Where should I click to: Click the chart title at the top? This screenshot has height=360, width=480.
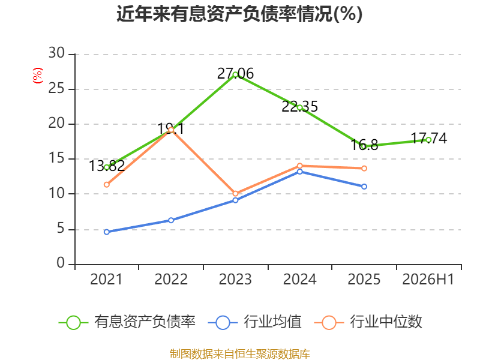click(239, 14)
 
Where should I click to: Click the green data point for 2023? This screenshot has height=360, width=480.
click(235, 74)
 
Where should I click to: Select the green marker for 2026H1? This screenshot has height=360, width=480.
click(428, 140)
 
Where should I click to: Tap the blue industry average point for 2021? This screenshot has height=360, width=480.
click(107, 232)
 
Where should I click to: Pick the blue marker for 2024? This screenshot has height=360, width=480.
click(299, 172)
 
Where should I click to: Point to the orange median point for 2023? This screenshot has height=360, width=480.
click(235, 194)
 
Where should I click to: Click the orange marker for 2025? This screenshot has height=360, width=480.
click(364, 169)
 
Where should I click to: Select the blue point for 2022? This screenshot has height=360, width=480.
click(171, 220)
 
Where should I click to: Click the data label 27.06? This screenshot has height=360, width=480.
click(235, 74)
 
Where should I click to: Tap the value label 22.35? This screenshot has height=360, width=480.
click(299, 107)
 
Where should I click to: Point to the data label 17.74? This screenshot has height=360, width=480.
click(428, 139)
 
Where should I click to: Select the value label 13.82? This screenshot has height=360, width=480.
click(107, 166)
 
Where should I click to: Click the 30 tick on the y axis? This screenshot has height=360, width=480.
click(56, 53)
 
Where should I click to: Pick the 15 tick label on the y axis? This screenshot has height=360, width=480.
click(56, 158)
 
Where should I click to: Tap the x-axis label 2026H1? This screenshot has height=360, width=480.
click(428, 279)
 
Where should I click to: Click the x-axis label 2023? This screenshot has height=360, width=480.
click(235, 279)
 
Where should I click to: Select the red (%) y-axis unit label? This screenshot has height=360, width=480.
click(38, 76)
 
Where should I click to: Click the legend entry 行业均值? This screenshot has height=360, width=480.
click(254, 322)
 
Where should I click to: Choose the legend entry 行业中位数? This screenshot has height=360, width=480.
click(368, 322)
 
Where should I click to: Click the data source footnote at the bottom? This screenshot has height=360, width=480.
click(240, 354)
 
